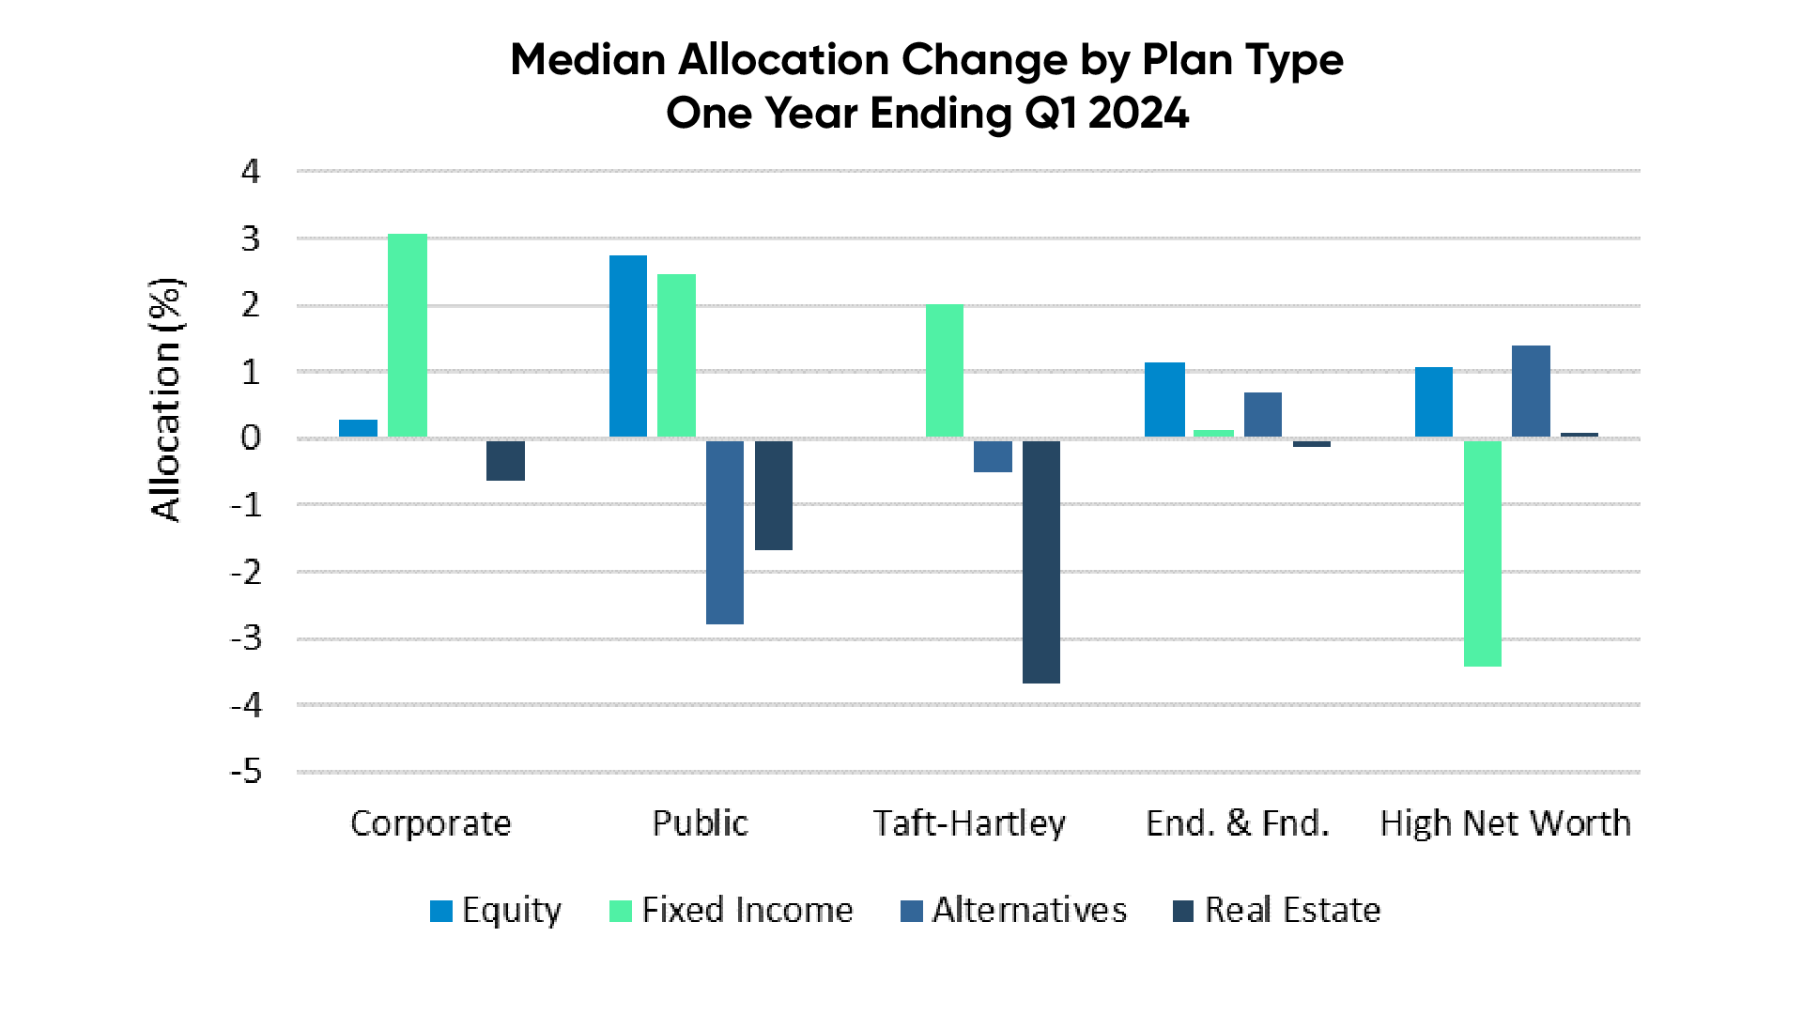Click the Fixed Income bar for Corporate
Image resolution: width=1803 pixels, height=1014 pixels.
(408, 335)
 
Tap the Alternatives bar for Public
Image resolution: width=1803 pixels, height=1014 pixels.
(725, 532)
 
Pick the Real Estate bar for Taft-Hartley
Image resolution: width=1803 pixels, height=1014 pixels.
(1040, 561)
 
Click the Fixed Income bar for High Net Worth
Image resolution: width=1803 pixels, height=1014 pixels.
(1482, 553)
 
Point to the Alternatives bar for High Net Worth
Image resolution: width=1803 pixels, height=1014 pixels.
(1531, 392)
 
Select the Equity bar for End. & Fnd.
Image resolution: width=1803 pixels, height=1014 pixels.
(1164, 400)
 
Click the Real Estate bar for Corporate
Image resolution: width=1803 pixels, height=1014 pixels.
(505, 460)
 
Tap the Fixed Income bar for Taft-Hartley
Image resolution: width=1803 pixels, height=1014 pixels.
(945, 371)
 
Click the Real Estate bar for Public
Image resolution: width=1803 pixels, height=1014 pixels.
(774, 495)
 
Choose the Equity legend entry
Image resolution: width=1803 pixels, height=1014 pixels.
(496, 910)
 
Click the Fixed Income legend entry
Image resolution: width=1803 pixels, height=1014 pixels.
(732, 910)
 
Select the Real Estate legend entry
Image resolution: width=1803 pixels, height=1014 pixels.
(1277, 910)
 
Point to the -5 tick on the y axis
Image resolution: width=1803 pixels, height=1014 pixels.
(247, 772)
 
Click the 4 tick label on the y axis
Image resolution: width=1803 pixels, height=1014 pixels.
(250, 172)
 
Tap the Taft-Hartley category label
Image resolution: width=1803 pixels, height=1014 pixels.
(969, 823)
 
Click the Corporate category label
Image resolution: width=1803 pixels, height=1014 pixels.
(431, 823)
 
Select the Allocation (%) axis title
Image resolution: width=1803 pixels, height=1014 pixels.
(166, 399)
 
